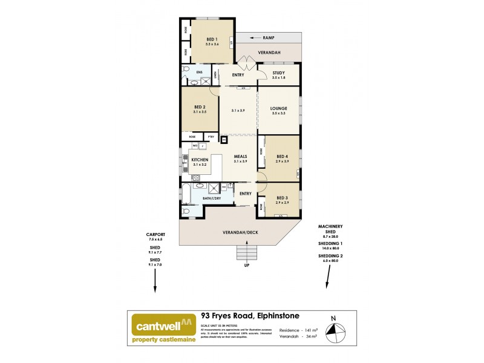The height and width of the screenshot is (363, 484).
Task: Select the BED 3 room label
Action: (282, 198)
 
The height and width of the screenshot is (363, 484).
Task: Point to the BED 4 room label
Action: (282, 157)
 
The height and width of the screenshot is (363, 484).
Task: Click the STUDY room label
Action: (278, 73)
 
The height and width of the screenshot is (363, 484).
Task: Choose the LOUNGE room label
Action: (278, 109)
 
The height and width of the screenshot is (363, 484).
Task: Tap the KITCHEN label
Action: (200, 160)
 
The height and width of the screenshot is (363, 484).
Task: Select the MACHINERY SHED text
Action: (327, 229)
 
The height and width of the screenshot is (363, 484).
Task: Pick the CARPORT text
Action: (155, 235)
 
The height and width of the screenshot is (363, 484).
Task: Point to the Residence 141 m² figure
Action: (296, 330)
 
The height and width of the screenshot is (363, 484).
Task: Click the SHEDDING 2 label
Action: (327, 256)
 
